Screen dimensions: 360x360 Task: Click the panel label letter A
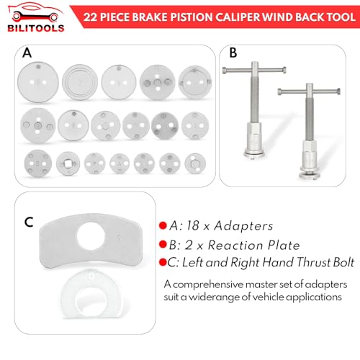(27, 53)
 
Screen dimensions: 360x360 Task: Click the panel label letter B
(233, 52)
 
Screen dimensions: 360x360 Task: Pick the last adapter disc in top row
(192, 80)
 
